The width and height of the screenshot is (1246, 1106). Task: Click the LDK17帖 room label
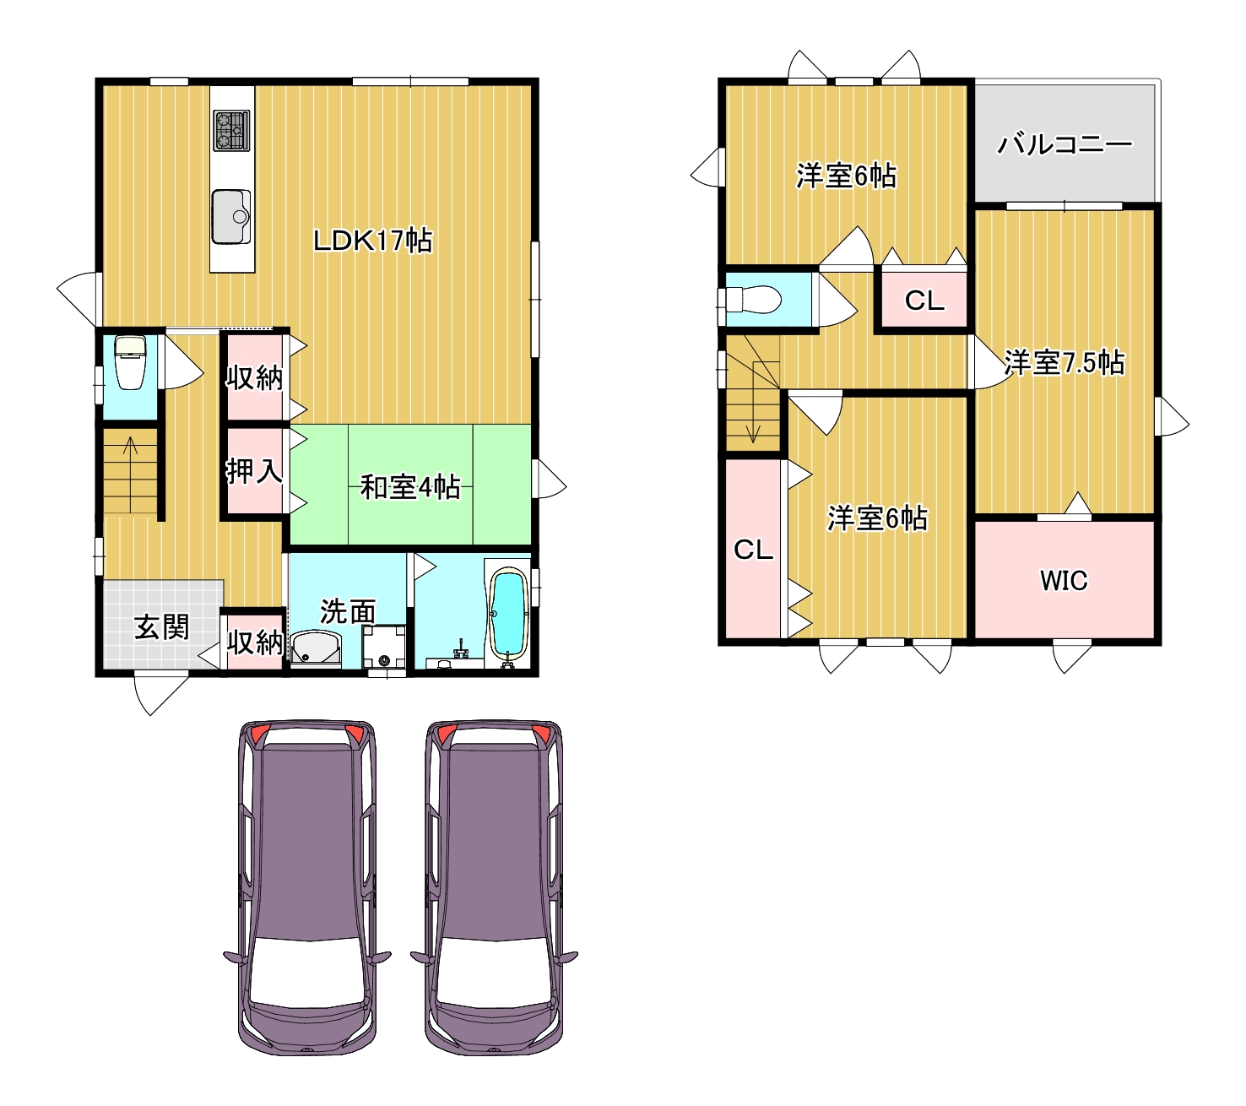[x=372, y=240]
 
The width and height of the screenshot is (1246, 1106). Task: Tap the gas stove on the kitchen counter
[x=231, y=130]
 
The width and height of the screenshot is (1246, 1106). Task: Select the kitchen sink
[x=231, y=217]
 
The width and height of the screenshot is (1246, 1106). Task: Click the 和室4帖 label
[x=410, y=487]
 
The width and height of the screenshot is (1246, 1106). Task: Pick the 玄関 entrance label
[x=162, y=627]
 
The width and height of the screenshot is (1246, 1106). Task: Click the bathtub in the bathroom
[x=507, y=616]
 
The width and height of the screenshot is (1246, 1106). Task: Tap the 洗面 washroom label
[x=348, y=611]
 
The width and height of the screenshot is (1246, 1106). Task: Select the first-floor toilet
[x=130, y=362]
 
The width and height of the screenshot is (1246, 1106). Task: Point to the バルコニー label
[x=1065, y=145]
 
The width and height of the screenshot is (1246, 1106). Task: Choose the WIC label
[x=1064, y=581]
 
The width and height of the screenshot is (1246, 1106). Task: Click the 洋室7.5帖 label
[x=1065, y=362]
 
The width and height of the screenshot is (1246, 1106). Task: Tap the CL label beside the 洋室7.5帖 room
[x=924, y=301]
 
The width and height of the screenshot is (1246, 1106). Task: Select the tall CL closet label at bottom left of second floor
[x=753, y=550]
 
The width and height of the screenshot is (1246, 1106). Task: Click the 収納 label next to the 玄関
[x=255, y=642]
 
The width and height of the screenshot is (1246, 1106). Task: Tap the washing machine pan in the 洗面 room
[x=384, y=647]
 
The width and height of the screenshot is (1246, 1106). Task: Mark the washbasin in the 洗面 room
[x=316, y=649]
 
